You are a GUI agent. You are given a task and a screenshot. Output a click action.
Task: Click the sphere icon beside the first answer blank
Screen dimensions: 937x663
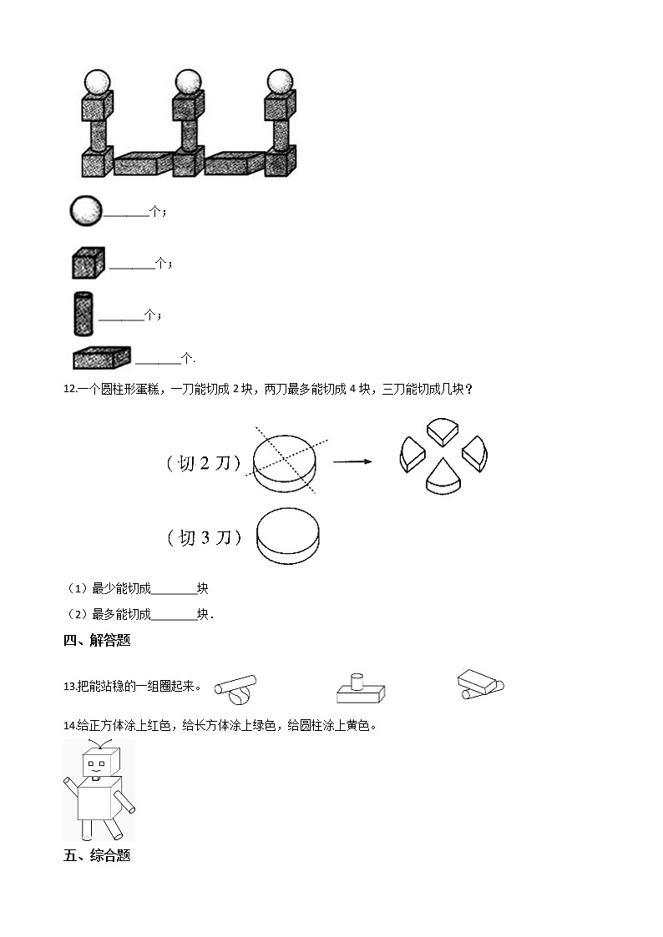pos(86,210)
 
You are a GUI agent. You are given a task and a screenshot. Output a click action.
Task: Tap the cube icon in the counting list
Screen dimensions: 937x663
pos(89,263)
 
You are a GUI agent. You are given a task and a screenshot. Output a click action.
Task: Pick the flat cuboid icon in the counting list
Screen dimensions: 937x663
pos(103,358)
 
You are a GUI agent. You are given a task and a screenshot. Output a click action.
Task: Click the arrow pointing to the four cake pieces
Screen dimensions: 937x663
pos(353,460)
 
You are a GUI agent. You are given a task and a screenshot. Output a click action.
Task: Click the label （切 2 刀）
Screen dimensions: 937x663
pos(204,463)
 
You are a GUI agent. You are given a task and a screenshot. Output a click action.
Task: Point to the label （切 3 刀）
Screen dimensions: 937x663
pos(204,537)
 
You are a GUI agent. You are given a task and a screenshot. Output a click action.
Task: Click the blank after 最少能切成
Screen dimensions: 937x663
pos(174,589)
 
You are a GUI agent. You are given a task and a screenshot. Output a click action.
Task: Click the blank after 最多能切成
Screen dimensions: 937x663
pos(174,615)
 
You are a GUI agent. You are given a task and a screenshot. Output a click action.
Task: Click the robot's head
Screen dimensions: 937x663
pos(100,762)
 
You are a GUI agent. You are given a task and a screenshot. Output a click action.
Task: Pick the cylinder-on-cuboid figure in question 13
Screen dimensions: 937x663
pos(362,688)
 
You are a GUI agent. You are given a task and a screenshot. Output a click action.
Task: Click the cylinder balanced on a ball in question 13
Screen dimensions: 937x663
pos(236,687)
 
